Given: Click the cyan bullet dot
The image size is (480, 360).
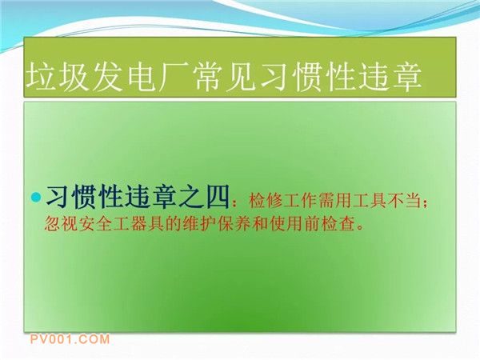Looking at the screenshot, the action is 36,197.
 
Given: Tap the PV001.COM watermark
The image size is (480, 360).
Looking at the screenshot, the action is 70,339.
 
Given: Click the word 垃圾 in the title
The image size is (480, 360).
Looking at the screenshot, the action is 58,76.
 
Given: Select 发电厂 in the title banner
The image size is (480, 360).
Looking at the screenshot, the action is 141,76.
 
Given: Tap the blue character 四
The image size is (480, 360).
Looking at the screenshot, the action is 218,197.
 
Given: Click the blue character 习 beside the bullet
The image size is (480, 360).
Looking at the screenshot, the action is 57,197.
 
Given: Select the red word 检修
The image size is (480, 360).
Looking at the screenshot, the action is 266,201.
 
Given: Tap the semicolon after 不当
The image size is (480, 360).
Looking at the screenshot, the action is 425,203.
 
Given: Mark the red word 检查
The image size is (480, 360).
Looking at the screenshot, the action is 337,224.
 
